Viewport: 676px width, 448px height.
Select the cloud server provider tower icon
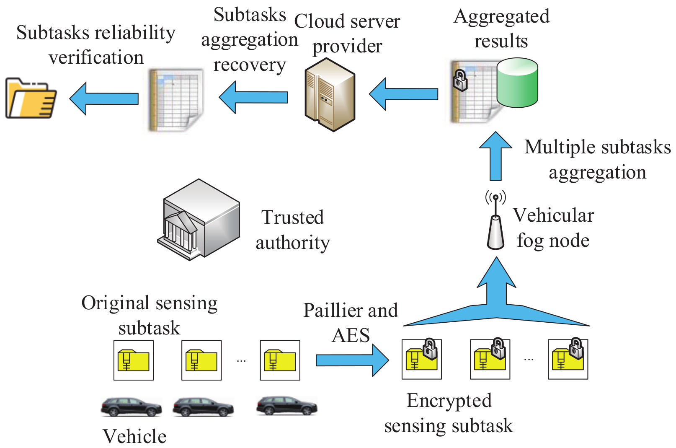coord(330,95)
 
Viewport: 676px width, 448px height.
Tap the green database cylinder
coord(517,83)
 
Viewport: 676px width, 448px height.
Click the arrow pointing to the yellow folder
coord(103,98)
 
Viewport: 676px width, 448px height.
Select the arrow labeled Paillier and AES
coord(352,360)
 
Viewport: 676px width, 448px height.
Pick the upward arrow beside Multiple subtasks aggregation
coord(495,156)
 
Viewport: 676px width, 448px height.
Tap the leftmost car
coord(131,407)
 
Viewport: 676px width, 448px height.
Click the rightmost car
coord(286,406)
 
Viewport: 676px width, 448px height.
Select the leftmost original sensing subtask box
coord(134,360)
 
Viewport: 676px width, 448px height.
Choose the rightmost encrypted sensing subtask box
coord(568,360)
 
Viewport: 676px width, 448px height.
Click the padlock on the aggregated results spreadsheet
coord(460,80)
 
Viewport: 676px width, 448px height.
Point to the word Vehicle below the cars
coord(134,436)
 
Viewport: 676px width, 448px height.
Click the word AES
coord(351,335)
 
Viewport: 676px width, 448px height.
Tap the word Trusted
coord(293,218)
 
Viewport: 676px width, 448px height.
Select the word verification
coord(96,57)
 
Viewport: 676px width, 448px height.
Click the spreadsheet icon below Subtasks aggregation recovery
coord(176,100)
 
